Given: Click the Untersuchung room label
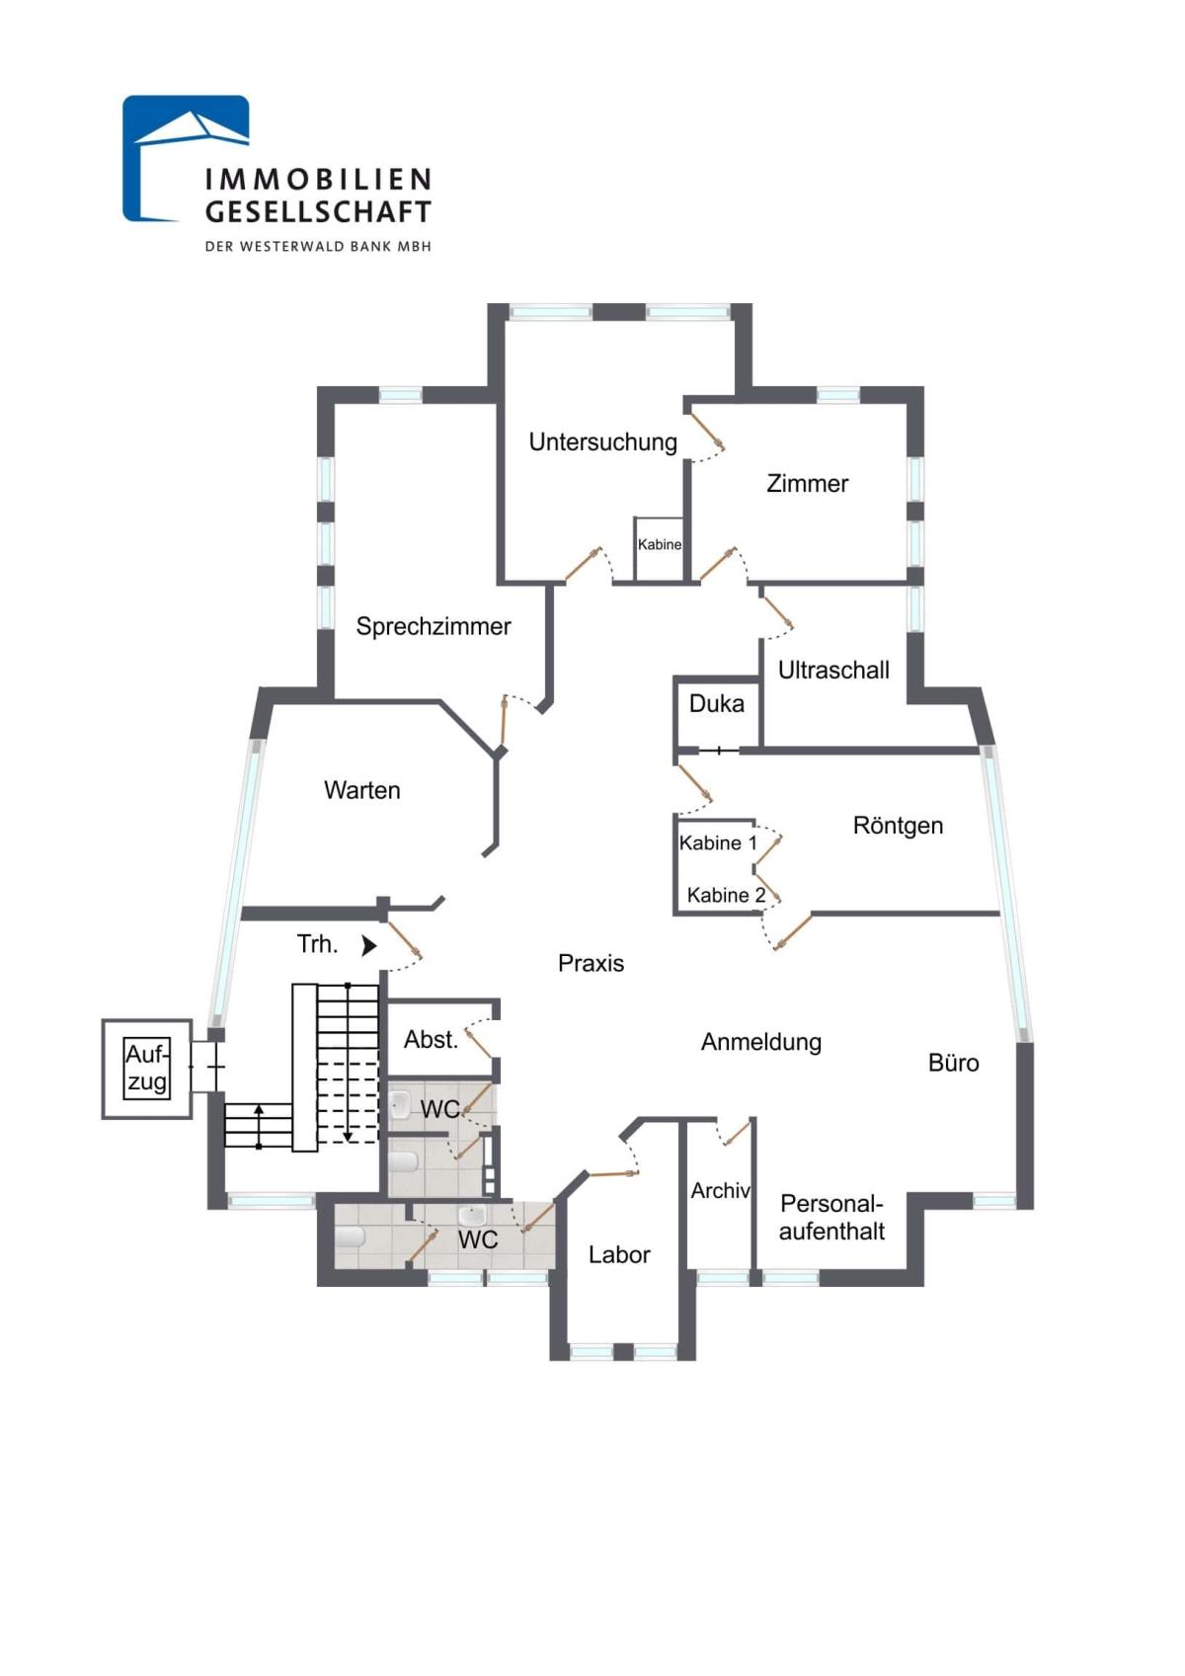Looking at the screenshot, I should [602, 441].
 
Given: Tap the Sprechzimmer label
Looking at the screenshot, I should [434, 626].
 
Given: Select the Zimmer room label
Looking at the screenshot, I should [807, 483].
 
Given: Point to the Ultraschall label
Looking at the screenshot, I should [833, 670].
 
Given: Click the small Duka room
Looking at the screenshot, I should [717, 704].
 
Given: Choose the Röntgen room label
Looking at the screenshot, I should [898, 825].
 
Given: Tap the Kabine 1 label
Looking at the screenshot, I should [718, 842].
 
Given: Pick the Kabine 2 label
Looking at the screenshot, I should [726, 895].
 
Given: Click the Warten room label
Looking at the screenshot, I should [362, 790].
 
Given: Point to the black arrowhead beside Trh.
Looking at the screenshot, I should [368, 945].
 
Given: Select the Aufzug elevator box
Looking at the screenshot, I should [147, 1069].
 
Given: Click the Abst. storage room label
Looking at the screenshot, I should [431, 1039].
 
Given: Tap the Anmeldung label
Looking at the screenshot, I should [760, 1042].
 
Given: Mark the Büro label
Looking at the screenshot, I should [953, 1063].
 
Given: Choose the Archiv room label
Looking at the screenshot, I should [720, 1191].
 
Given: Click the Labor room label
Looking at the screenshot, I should [619, 1254].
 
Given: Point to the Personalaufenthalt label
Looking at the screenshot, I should [831, 1217].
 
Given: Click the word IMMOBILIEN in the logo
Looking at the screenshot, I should [318, 179].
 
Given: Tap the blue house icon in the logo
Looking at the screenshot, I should [184, 156].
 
